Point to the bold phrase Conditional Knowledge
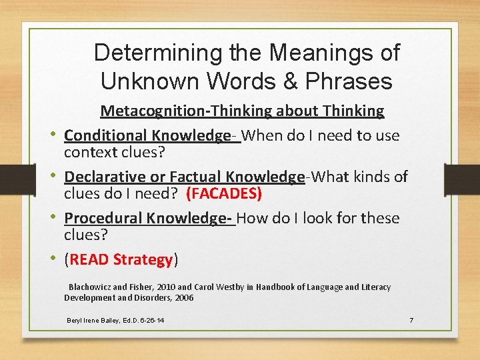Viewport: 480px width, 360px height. (147, 135)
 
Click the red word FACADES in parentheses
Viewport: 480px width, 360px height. (224, 193)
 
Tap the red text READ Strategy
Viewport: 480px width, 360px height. (121, 259)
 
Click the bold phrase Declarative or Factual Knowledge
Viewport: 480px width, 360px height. (184, 177)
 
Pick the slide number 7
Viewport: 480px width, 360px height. (411, 321)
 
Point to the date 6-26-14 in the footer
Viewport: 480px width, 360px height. (150, 321)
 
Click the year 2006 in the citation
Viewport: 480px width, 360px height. (183, 298)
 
